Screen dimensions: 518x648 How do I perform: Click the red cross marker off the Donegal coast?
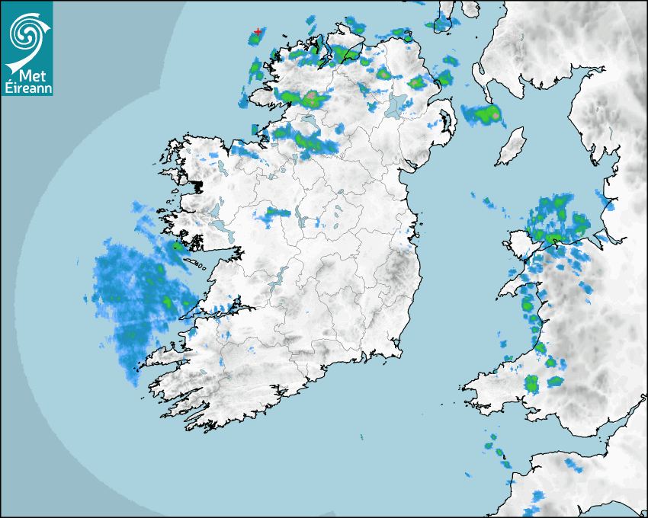point(258,32)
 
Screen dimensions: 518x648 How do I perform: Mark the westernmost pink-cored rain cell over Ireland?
point(311,98)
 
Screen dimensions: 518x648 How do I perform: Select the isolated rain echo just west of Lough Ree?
point(275,213)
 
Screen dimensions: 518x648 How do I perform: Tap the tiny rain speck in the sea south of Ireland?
point(361,437)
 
